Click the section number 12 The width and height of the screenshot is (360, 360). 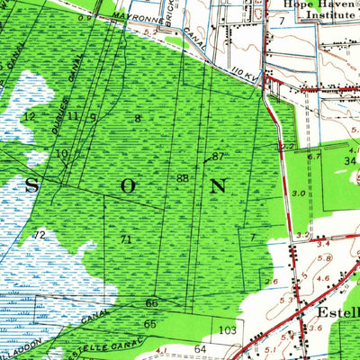[29, 117]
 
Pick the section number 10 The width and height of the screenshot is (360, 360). [61, 154]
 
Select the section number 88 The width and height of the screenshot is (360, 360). [183, 179]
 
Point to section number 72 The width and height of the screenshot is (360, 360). [39, 235]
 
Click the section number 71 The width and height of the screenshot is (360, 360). [125, 239]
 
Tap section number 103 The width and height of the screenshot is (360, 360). [227, 330]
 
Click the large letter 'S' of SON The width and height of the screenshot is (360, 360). [31, 186]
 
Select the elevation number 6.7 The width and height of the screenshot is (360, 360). [313, 157]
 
